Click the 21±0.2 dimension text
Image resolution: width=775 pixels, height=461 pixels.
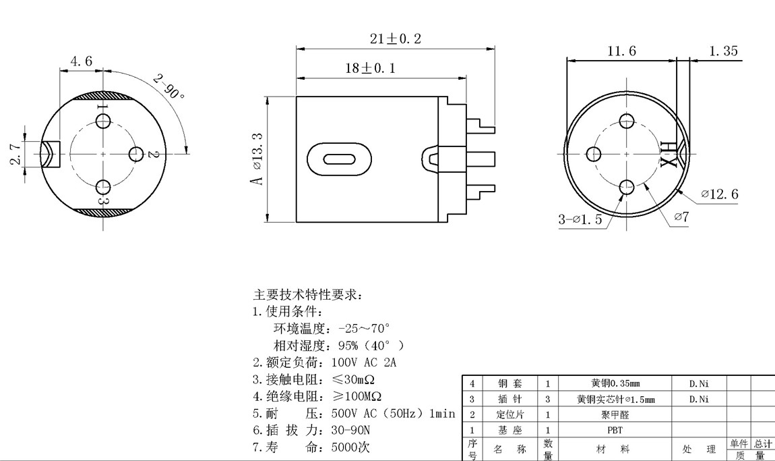(x=395, y=39)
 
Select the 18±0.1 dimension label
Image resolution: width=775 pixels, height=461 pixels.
(x=371, y=68)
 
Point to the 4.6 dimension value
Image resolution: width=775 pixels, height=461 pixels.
(x=80, y=61)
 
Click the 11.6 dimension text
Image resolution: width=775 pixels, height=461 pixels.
(x=621, y=51)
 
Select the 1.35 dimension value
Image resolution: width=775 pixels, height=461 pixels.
(x=723, y=51)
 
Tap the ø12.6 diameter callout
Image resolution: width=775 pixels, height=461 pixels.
(x=719, y=194)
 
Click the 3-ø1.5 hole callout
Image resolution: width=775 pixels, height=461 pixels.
(x=580, y=219)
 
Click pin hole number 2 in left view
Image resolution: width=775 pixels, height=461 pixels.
(x=137, y=154)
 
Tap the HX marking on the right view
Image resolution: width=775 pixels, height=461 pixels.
(x=669, y=155)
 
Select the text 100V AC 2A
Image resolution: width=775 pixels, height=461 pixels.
(x=364, y=362)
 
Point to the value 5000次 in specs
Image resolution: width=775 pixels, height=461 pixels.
(x=350, y=447)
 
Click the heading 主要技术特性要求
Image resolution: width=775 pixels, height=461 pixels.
(x=307, y=296)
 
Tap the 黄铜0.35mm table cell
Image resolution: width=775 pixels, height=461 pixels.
(x=615, y=383)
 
